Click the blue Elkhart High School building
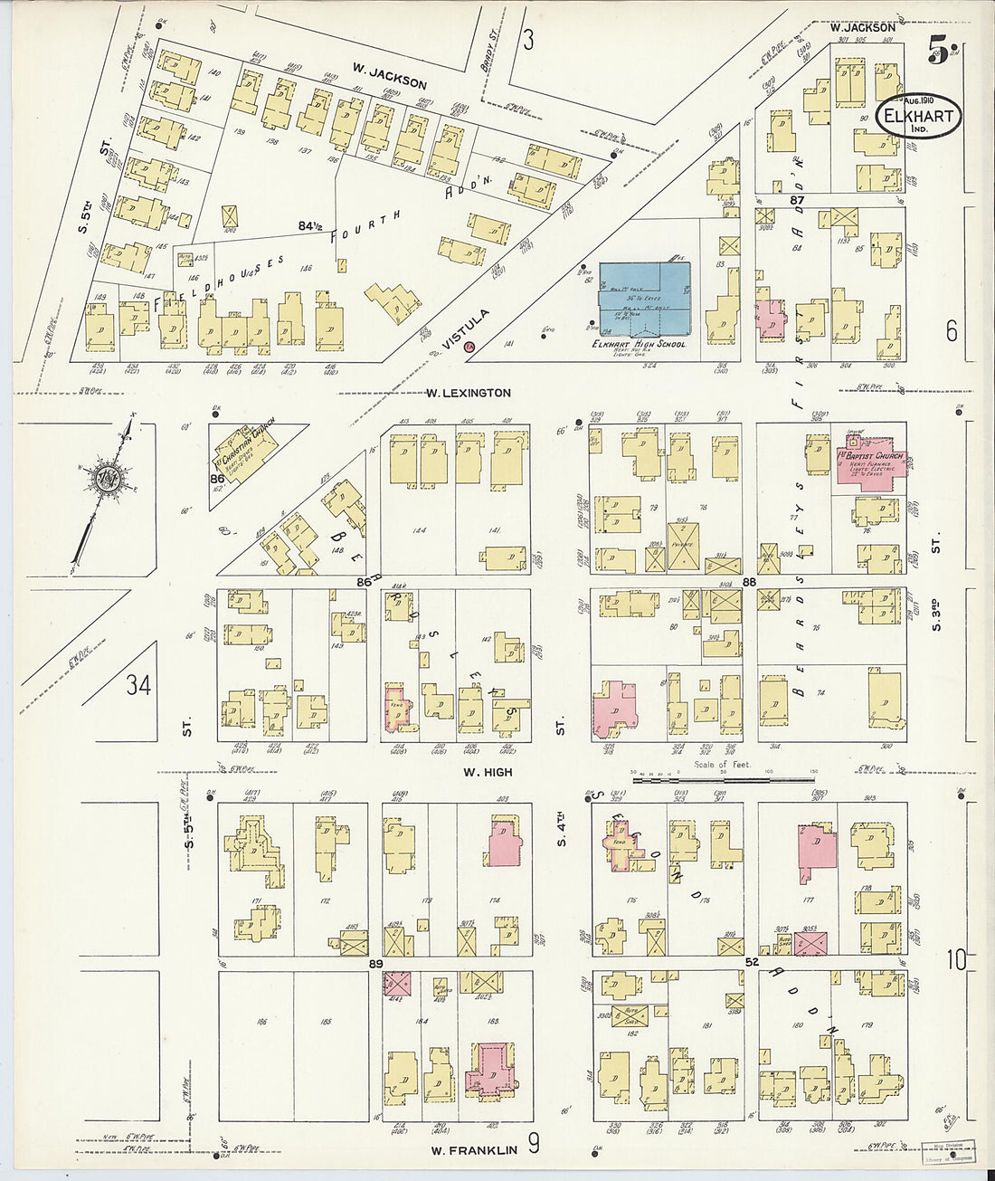pyautogui.click(x=645, y=297)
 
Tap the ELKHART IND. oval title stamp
pyautogui.click(x=916, y=117)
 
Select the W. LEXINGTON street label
pyautogui.click(x=469, y=393)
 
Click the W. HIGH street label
pyautogui.click(x=488, y=772)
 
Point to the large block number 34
pyautogui.click(x=137, y=686)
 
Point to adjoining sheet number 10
pyautogui.click(x=958, y=959)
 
